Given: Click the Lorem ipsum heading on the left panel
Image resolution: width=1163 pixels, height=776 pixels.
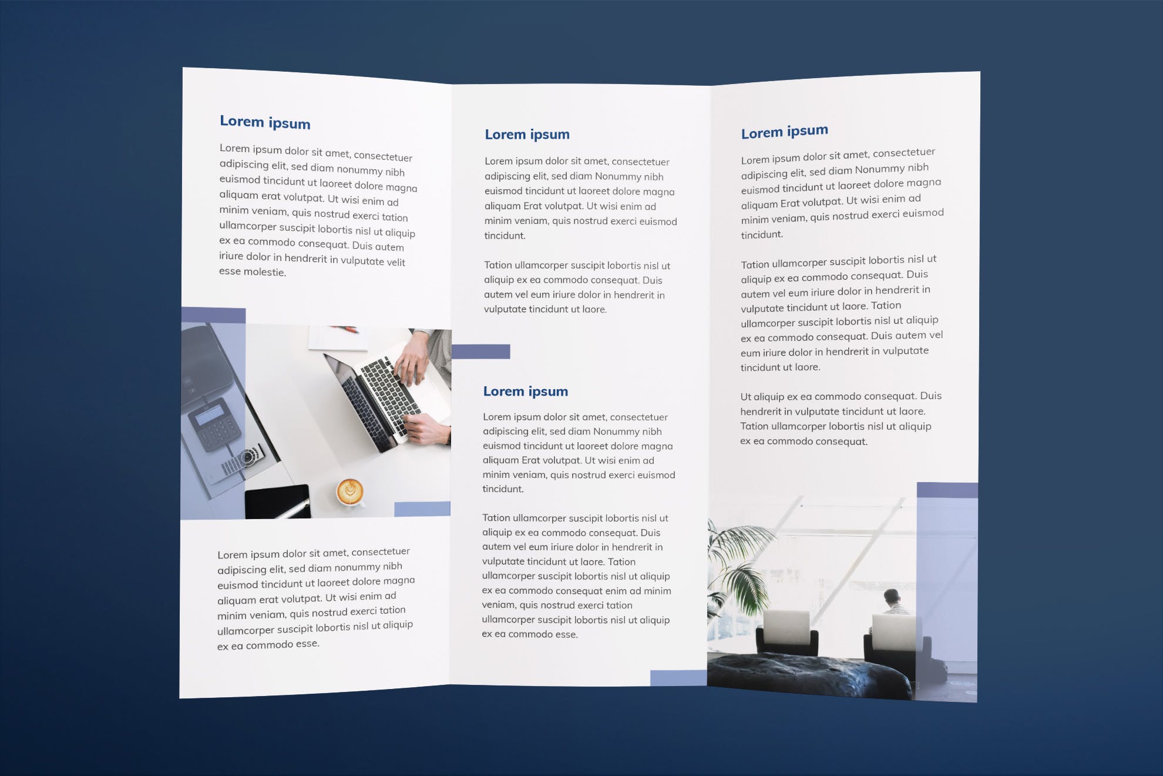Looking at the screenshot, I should click(x=265, y=122).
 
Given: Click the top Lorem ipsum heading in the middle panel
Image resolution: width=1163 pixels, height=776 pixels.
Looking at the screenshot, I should click(x=527, y=135).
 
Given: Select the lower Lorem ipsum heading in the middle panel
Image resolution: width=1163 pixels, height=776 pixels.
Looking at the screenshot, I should click(x=525, y=392).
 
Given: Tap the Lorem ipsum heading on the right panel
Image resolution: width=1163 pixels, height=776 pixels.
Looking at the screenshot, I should click(x=784, y=132).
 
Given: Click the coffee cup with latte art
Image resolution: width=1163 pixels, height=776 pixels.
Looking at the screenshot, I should click(x=349, y=491).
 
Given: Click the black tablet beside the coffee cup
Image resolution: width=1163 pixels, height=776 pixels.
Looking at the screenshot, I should click(x=277, y=501).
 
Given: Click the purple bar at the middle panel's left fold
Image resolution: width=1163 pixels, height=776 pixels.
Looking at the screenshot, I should click(x=480, y=352).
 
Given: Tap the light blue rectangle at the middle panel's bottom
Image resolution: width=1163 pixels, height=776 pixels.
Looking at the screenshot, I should click(x=678, y=678).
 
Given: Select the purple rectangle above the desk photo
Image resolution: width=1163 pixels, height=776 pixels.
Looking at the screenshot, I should click(x=213, y=315).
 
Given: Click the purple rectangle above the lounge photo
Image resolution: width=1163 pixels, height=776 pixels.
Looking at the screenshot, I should click(x=947, y=490).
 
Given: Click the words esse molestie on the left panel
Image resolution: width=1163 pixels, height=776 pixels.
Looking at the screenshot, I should click(x=253, y=272).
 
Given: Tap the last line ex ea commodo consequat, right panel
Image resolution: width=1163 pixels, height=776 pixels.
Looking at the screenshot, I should click(x=803, y=441).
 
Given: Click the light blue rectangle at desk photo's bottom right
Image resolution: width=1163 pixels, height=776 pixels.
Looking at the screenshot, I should click(x=422, y=509).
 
